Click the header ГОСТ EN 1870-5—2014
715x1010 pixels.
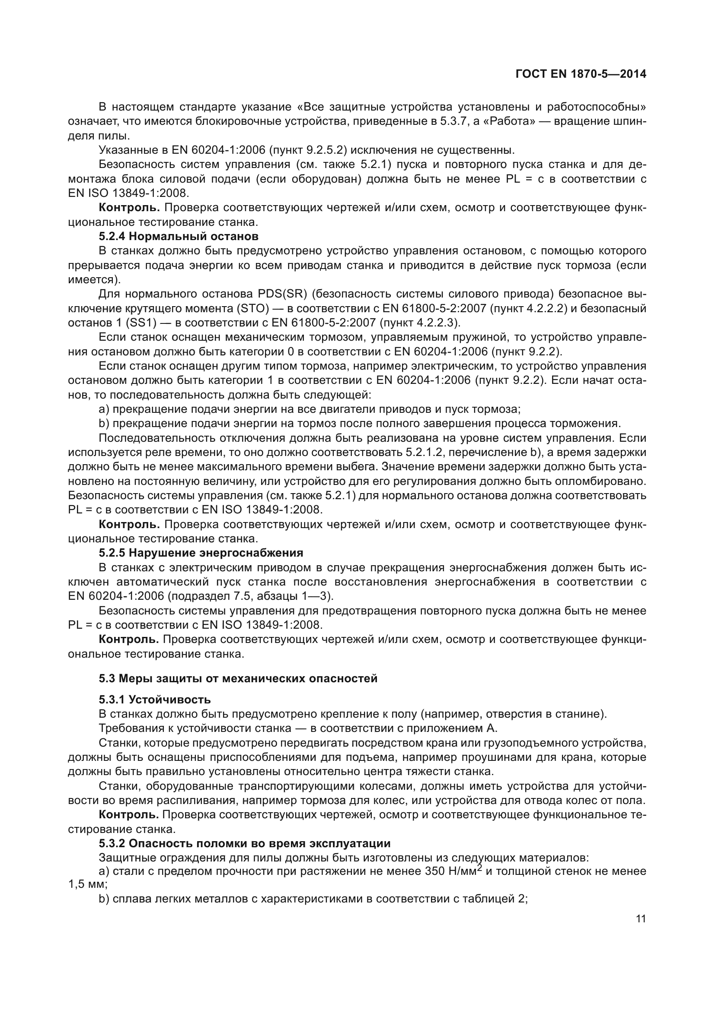click(x=581, y=74)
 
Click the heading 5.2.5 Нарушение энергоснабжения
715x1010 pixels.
click(x=201, y=553)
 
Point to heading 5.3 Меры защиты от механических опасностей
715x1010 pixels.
click(x=238, y=678)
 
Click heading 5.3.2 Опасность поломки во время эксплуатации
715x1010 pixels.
click(x=244, y=843)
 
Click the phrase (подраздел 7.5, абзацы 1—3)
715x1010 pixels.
click(x=252, y=596)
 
